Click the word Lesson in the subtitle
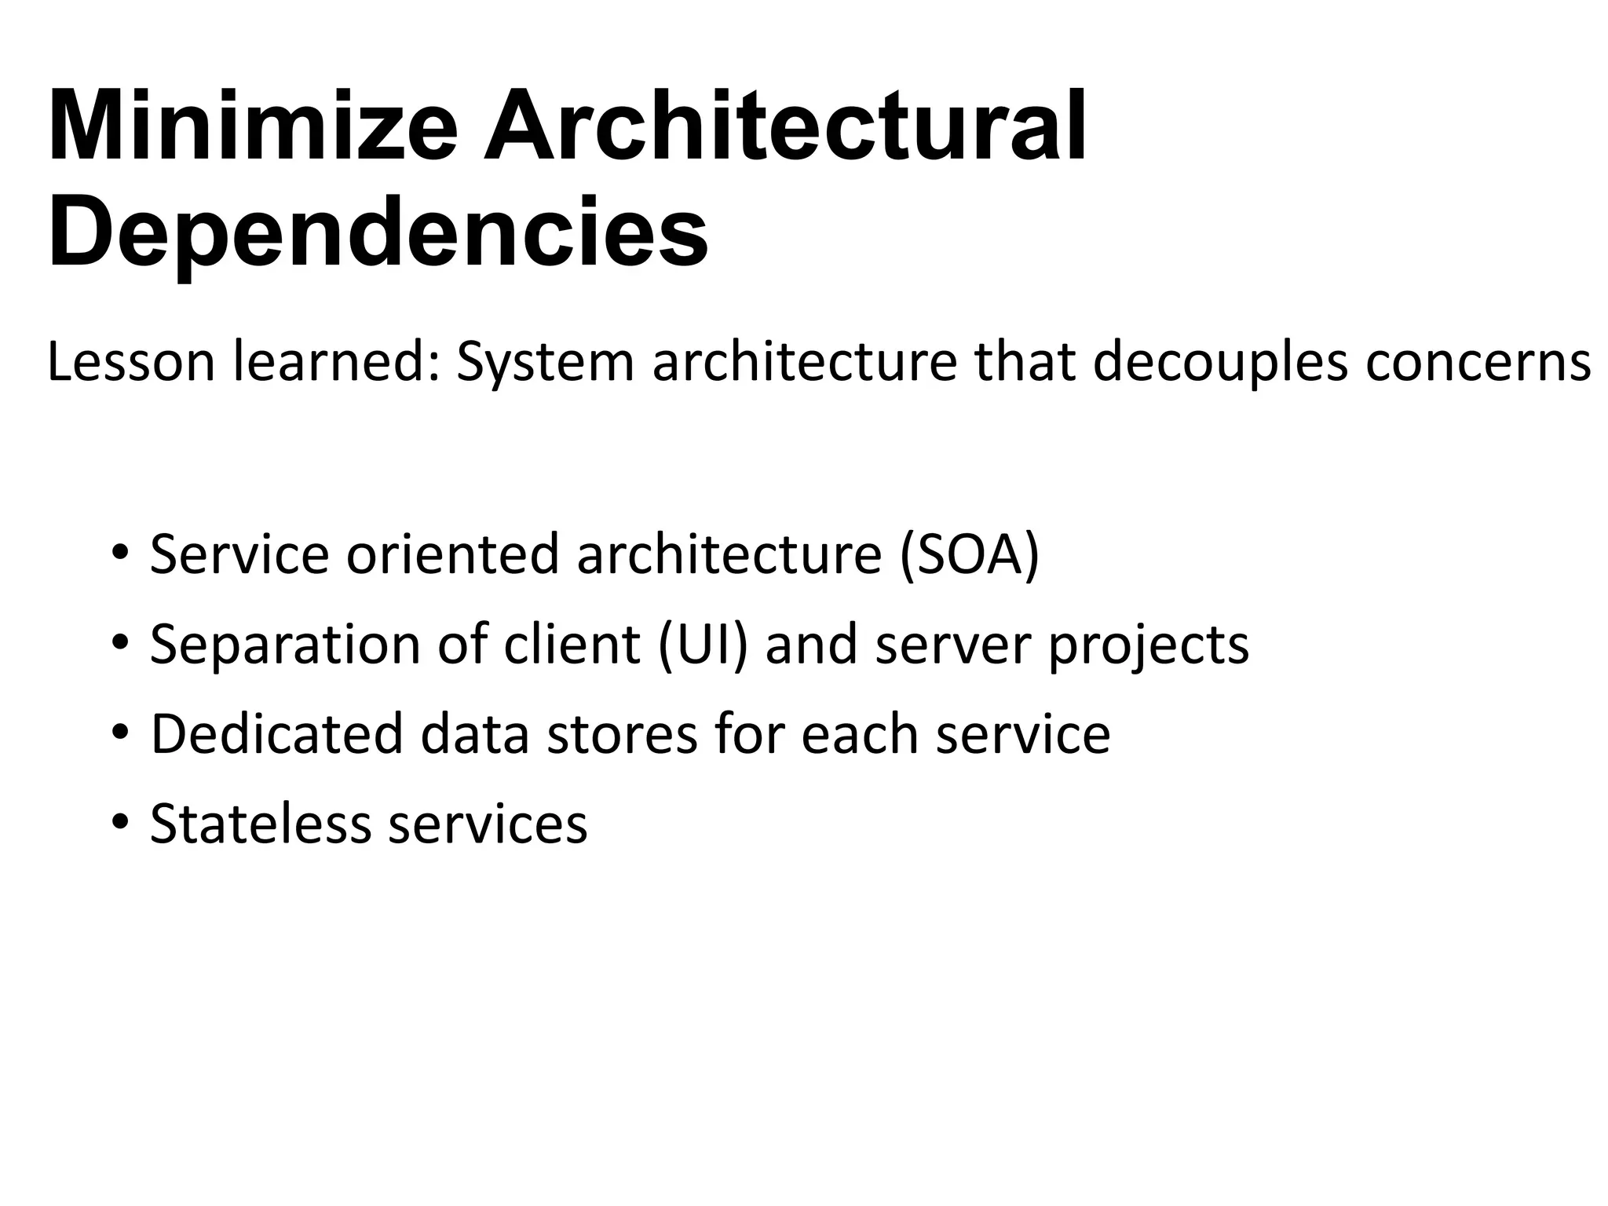130,363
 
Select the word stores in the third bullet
621,734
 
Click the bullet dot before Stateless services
119,822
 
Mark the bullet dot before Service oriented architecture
119,551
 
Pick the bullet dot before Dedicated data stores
119,732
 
